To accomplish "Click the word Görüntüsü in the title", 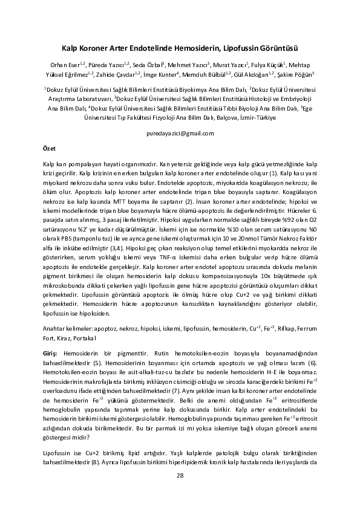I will point(279,47).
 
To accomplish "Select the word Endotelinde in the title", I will point(150,47).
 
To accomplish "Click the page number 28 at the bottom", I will point(180,475).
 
